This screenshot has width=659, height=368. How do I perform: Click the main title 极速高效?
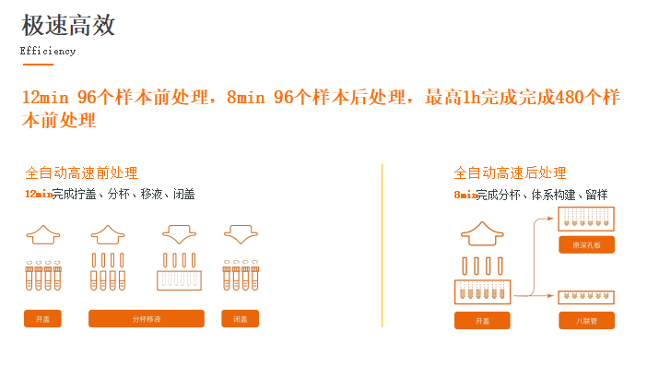[x=68, y=25]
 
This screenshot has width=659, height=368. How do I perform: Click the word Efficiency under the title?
[x=48, y=52]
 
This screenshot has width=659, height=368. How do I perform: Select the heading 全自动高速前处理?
[x=81, y=172]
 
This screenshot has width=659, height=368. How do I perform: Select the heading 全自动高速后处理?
[x=510, y=172]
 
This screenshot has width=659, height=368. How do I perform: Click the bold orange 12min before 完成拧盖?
[x=38, y=195]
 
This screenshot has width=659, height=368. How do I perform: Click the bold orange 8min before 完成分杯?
[x=465, y=195]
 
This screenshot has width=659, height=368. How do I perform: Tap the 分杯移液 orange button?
[x=146, y=319]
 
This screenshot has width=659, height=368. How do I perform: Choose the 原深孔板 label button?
[x=586, y=244]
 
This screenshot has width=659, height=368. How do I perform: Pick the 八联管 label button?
[x=586, y=320]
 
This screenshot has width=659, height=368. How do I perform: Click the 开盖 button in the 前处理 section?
[x=42, y=319]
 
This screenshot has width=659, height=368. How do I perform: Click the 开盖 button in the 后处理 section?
[x=482, y=320]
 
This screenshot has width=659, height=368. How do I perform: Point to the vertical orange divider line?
[x=382, y=245]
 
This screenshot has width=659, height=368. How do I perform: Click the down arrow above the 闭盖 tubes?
[x=240, y=234]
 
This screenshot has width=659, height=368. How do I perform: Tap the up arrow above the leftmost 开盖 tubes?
[x=42, y=234]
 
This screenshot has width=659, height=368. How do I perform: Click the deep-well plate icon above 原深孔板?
[x=586, y=219]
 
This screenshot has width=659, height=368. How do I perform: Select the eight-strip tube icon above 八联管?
[x=586, y=297]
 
